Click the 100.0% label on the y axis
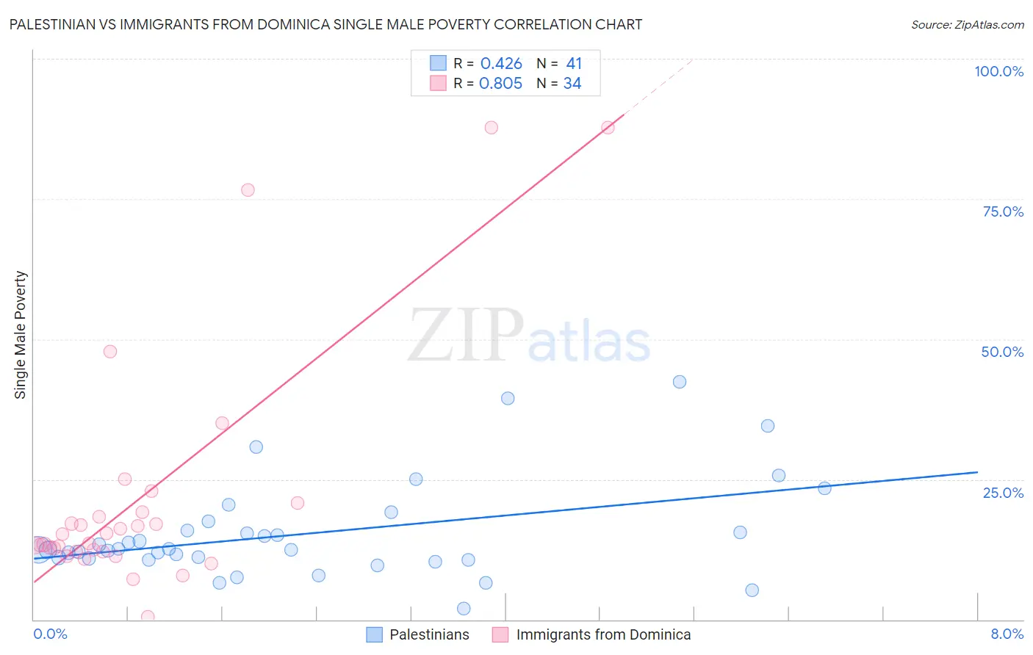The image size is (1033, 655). tap(998, 71)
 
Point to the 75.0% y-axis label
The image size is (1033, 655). tap(1003, 211)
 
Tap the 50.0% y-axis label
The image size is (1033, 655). tap(1002, 352)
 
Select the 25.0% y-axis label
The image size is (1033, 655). tap(1003, 493)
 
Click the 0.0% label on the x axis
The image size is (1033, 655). tap(50, 634)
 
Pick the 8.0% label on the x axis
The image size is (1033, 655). tap(1007, 634)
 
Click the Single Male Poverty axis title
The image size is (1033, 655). tap(21, 335)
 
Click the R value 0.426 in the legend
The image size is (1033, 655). tap(501, 64)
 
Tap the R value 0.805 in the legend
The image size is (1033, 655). tap(500, 84)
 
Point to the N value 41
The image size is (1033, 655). tap(574, 64)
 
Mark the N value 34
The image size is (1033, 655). tap(572, 84)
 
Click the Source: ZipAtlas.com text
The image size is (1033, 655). tap(967, 25)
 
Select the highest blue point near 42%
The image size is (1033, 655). tap(680, 382)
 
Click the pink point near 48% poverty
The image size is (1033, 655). tap(110, 351)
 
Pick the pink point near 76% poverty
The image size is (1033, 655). tap(248, 190)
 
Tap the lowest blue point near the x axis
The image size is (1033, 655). tap(464, 608)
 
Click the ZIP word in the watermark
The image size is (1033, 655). tap(466, 336)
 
